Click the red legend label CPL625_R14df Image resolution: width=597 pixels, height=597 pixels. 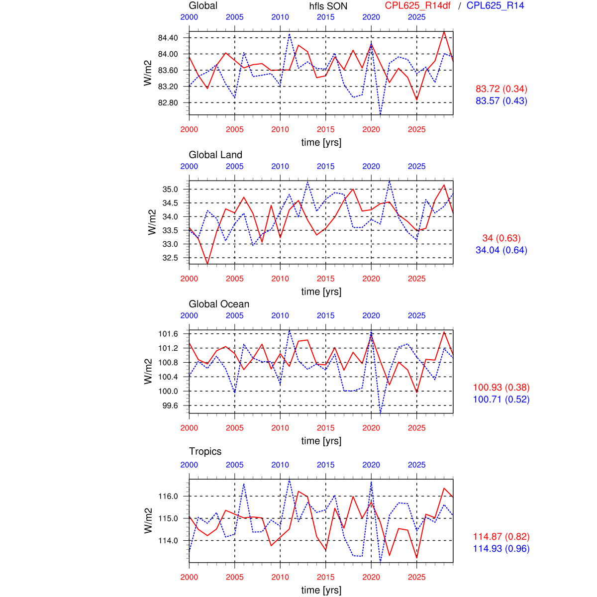pyautogui.click(x=418, y=6)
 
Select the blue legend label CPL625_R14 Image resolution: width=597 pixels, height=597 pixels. pyautogui.click(x=495, y=6)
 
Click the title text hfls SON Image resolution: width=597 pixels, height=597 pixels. pyautogui.click(x=328, y=6)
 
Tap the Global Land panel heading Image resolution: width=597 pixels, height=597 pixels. pyautogui.click(x=215, y=155)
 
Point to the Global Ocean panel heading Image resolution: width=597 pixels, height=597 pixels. pyautogui.click(x=219, y=304)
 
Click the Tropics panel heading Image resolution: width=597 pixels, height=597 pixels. pyautogui.click(x=205, y=451)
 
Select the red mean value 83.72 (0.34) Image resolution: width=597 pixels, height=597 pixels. pyautogui.click(x=501, y=89)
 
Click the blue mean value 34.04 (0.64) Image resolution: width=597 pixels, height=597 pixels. pyautogui.click(x=501, y=250)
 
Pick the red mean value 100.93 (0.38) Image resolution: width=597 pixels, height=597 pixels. pyautogui.click(x=501, y=388)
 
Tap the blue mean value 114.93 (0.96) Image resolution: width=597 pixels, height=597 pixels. pyautogui.click(x=501, y=549)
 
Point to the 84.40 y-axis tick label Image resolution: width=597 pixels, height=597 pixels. pyautogui.click(x=168, y=38)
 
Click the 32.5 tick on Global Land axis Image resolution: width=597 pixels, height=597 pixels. pyautogui.click(x=170, y=258)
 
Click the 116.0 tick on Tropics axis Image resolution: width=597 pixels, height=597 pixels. pyautogui.click(x=168, y=497)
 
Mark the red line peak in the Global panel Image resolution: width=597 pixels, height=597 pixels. pyautogui.click(x=444, y=32)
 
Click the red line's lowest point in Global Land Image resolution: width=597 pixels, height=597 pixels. pyautogui.click(x=207, y=264)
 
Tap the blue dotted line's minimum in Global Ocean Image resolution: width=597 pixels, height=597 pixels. pyautogui.click(x=381, y=412)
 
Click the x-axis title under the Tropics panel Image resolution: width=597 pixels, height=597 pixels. pyautogui.click(x=321, y=590)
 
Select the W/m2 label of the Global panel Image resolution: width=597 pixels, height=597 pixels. pyautogui.click(x=148, y=73)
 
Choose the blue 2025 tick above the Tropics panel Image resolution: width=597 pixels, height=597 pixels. pyautogui.click(x=416, y=465)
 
